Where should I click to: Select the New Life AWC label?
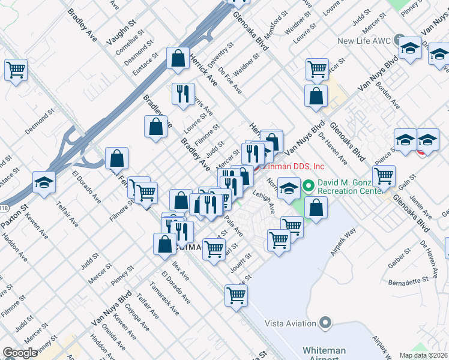pos(364,41)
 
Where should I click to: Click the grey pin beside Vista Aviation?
pos(326,323)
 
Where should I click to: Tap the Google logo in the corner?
pos(20,353)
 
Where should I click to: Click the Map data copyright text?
pos(423,355)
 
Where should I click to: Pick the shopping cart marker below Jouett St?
pos(237,295)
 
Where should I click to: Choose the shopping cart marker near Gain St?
pos(384,176)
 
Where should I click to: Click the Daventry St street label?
pos(220,55)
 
